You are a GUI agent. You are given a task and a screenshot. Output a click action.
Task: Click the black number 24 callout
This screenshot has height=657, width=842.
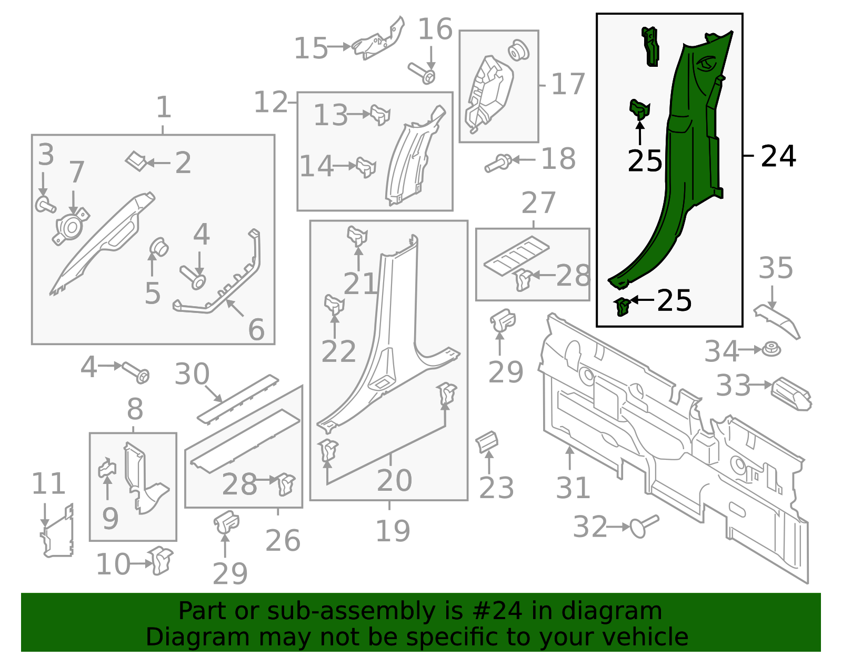click(778, 156)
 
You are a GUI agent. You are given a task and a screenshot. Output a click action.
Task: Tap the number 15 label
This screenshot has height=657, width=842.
click(311, 48)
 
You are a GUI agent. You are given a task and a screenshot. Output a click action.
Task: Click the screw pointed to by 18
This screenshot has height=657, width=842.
click(498, 163)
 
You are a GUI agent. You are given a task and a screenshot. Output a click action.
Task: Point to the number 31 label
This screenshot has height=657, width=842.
click(573, 488)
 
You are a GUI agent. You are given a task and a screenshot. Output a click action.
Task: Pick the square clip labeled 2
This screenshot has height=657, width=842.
click(136, 161)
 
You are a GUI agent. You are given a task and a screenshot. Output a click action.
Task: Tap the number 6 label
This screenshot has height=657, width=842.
click(256, 330)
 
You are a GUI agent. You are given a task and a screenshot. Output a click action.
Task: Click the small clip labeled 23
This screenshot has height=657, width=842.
click(487, 441)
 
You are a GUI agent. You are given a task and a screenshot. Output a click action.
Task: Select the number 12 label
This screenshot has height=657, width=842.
click(270, 102)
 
